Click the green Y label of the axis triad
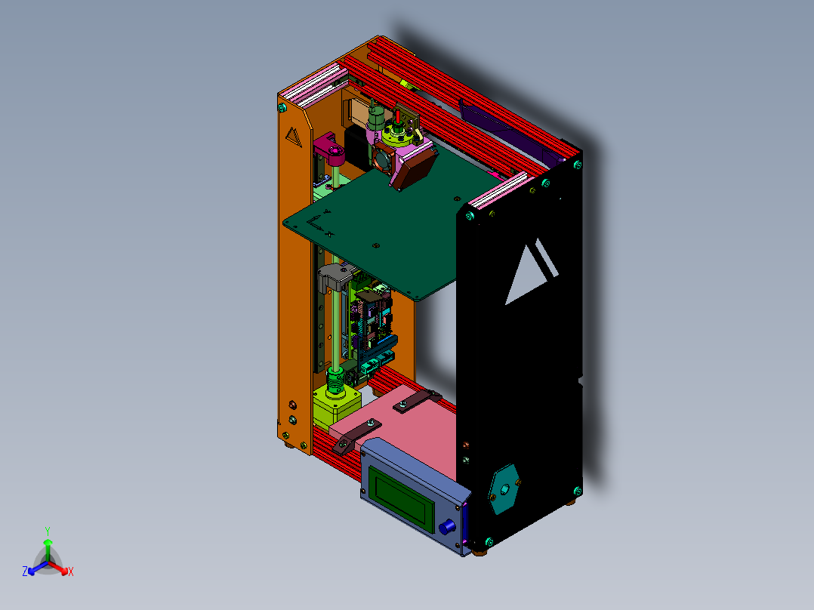47,531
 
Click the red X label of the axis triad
71,572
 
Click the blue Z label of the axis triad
25,572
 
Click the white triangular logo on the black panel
531,271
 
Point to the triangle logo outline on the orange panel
293,137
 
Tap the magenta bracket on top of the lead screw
330,146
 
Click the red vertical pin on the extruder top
396,117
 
